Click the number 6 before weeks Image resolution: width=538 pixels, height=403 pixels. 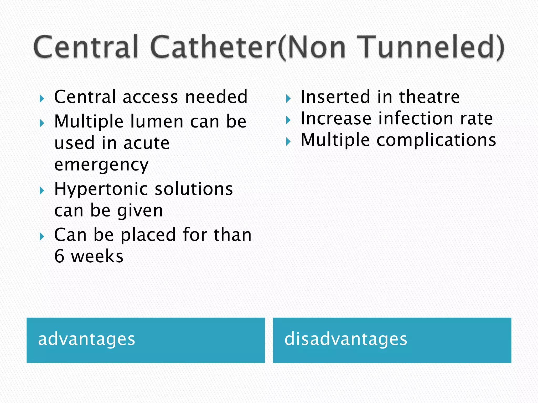click(59, 256)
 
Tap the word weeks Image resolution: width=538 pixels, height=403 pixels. click(97, 256)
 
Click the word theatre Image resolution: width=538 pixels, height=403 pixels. click(430, 97)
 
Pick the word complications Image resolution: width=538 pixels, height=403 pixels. click(436, 140)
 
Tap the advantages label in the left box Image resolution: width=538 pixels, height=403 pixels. click(86, 339)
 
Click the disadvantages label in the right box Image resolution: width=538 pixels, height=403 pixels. click(346, 339)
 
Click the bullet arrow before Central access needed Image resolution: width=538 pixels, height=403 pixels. click(42, 99)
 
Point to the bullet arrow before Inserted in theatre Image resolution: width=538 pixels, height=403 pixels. click(288, 99)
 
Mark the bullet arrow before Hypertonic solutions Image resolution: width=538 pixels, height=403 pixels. click(42, 191)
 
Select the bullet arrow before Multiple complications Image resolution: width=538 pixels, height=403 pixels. click(288, 142)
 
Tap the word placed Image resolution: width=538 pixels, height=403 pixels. click(148, 235)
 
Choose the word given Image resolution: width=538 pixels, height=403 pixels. click(140, 211)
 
